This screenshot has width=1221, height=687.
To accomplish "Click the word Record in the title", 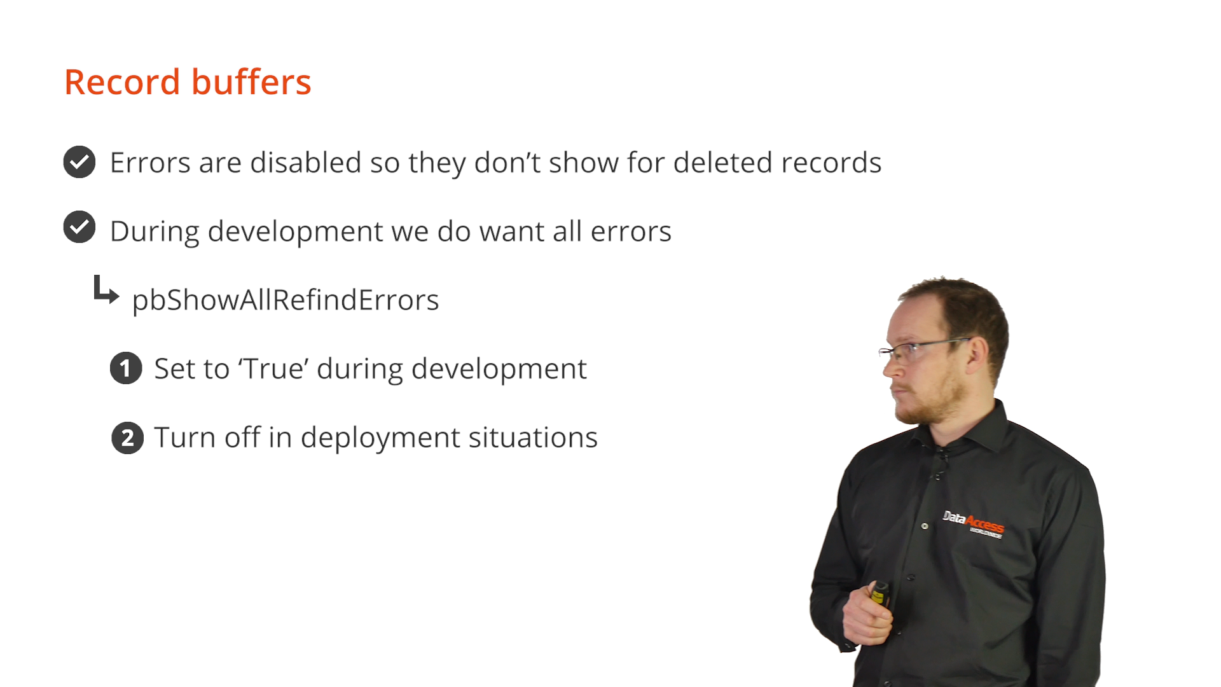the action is coord(122,82).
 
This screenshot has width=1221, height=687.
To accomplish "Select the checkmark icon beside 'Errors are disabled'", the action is coord(79,162).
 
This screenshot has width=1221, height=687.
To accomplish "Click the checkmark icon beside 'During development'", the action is coord(79,227).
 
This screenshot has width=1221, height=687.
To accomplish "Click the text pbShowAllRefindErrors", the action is coord(286,300).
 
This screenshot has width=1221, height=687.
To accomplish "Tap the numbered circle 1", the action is coord(126,368).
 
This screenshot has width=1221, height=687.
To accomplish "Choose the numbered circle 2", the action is coord(128,438).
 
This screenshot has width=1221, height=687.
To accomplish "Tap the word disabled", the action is coord(306,162).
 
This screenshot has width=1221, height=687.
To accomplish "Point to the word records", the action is coord(831,163).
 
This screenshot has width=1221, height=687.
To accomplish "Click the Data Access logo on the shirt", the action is coord(973,524).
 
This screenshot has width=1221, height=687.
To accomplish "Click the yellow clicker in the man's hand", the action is coord(880,593).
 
